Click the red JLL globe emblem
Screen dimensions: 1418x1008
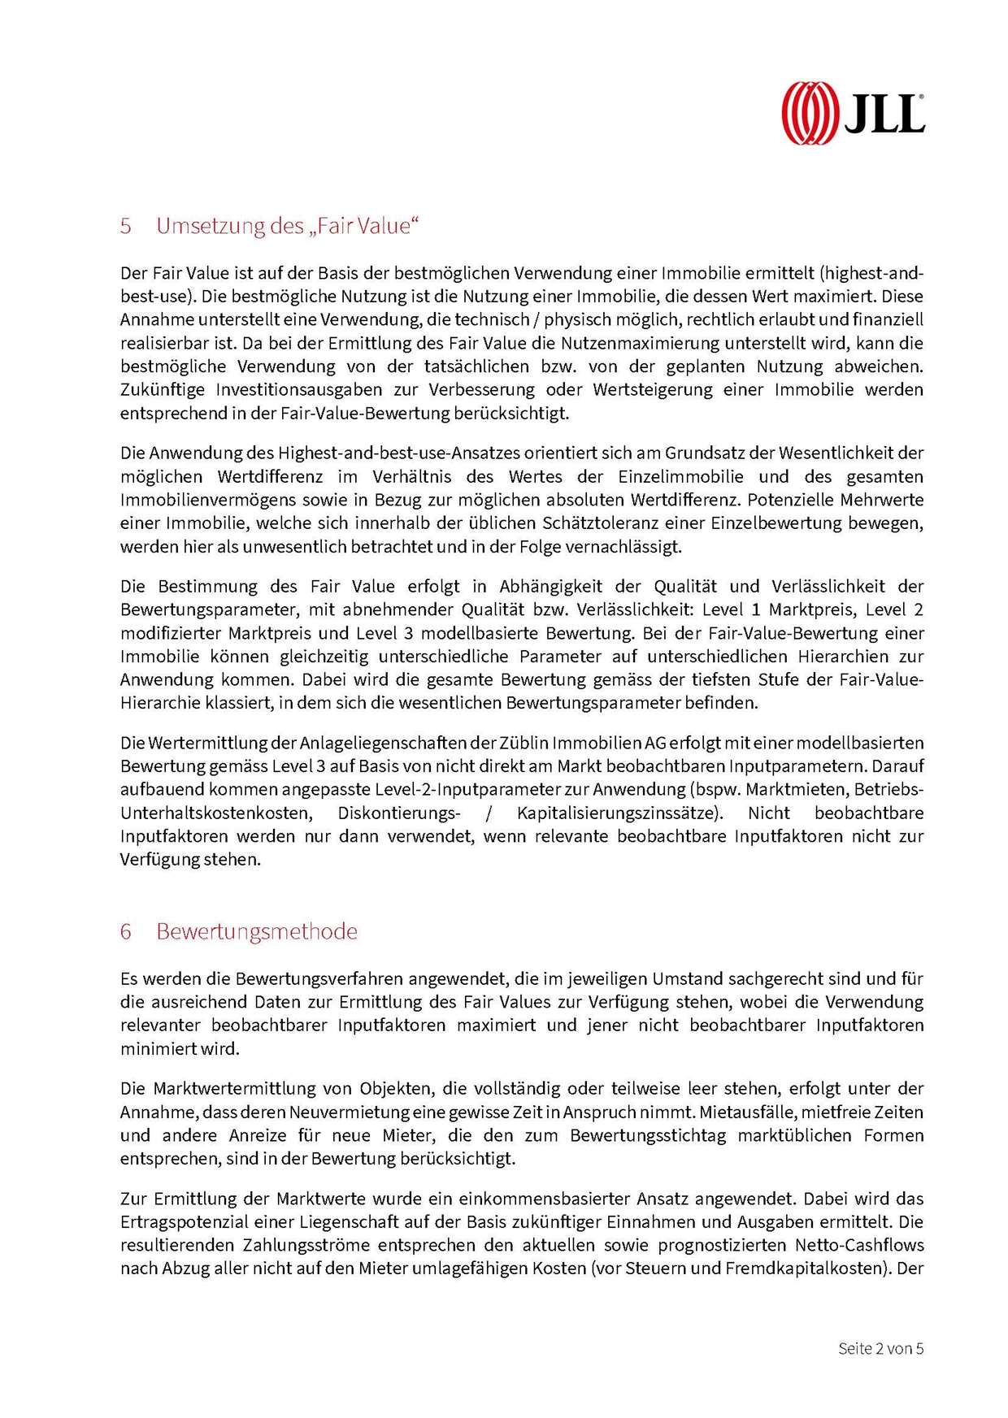click(810, 113)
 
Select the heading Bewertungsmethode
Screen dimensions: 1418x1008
click(257, 931)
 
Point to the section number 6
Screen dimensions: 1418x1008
click(126, 931)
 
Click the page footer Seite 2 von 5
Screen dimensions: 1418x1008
click(880, 1348)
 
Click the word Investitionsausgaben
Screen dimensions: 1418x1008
click(287, 389)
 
